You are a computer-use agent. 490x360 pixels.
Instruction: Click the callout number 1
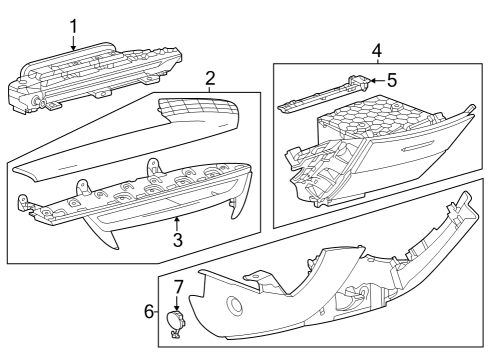(x=73, y=27)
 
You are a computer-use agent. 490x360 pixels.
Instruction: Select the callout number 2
(x=210, y=79)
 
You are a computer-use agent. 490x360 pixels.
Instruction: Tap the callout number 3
(x=178, y=240)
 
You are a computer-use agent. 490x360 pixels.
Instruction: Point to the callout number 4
(x=377, y=51)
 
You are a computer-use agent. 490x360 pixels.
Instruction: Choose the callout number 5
(x=392, y=80)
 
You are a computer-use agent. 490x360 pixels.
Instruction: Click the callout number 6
(x=149, y=311)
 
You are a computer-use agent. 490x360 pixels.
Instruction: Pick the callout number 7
(x=179, y=286)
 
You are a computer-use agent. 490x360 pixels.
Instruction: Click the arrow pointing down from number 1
(x=73, y=43)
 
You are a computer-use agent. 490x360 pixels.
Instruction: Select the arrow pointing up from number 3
(x=177, y=224)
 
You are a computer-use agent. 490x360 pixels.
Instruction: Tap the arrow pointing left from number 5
(x=377, y=80)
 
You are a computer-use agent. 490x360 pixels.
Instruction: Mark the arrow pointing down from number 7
(x=177, y=303)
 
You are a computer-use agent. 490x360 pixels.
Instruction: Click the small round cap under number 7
(x=175, y=321)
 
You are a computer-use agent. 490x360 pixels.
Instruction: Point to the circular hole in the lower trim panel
(x=234, y=304)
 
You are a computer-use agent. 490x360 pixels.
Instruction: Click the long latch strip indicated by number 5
(x=323, y=95)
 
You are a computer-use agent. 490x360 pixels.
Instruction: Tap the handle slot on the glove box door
(x=417, y=146)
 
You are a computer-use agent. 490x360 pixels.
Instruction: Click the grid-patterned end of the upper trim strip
(x=197, y=110)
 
